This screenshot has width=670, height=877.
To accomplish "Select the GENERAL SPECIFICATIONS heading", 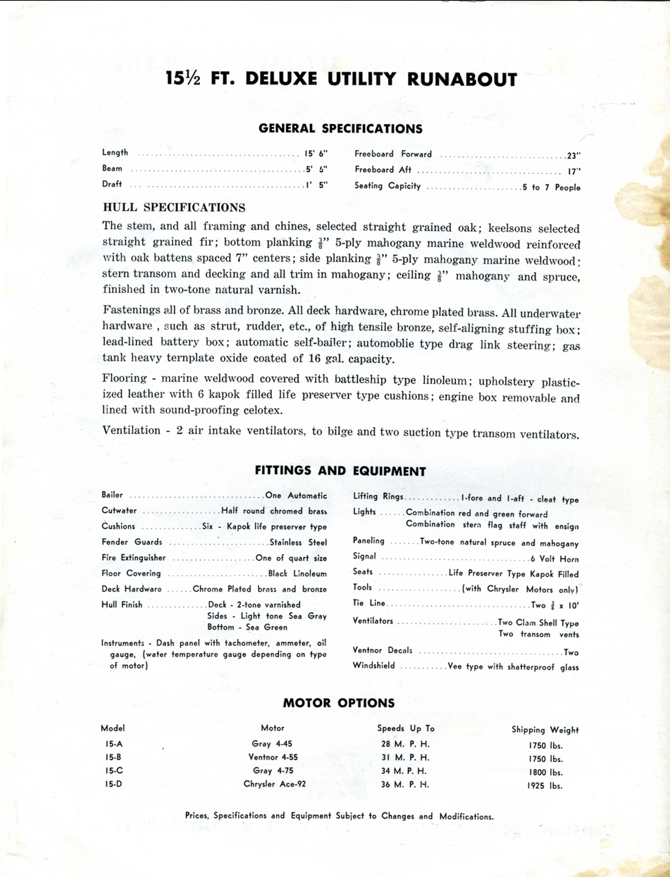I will point(340,128).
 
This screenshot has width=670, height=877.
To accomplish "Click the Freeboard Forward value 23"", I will point(573,155).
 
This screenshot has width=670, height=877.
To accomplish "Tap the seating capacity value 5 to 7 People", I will point(551,187).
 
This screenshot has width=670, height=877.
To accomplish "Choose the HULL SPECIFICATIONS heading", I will point(174,208).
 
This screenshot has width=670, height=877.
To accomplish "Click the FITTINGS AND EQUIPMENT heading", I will point(340,471).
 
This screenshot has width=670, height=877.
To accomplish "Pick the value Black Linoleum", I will point(297,573).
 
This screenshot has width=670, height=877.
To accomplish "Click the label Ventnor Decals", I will point(383,651).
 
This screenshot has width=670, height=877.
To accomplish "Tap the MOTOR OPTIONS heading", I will point(339,703).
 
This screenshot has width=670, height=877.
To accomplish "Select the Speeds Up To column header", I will point(406,728).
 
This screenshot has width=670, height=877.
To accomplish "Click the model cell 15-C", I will point(114,771).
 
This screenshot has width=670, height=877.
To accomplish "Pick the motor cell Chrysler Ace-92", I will point(275,784).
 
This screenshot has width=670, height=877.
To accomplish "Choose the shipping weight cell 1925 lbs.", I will point(545,785).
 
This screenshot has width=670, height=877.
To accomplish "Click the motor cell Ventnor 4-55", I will point(274,757).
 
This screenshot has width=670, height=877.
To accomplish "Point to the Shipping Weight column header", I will point(545,730).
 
